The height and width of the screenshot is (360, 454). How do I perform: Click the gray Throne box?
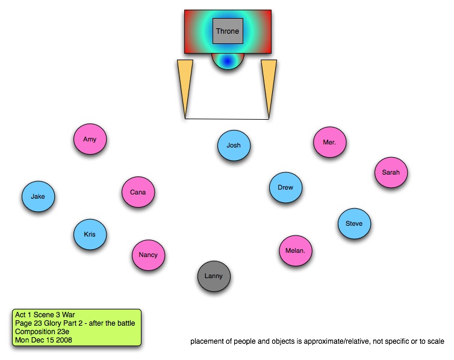(x=228, y=31)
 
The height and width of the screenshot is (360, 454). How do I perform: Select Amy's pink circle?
(x=90, y=140)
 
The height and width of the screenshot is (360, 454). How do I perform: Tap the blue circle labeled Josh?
(x=234, y=146)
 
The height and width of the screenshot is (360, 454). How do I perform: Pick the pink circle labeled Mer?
(x=329, y=143)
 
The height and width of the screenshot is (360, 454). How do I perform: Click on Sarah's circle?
(x=391, y=173)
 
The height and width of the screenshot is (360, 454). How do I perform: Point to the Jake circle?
(x=38, y=196)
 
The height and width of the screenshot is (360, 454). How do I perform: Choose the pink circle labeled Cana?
(x=138, y=193)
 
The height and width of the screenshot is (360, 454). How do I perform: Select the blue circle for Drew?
(x=285, y=188)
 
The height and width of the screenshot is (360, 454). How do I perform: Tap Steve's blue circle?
(x=354, y=224)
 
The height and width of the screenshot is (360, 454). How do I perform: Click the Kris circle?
(x=90, y=234)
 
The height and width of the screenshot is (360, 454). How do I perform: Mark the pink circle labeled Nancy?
(x=148, y=255)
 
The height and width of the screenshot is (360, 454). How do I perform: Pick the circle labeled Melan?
(x=296, y=250)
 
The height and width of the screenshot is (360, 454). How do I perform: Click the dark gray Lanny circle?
(x=214, y=276)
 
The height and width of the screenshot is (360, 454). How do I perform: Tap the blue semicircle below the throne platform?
(x=228, y=61)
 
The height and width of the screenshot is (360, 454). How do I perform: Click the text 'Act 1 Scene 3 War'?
(x=43, y=315)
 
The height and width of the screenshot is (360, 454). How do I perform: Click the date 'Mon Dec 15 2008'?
(x=44, y=340)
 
